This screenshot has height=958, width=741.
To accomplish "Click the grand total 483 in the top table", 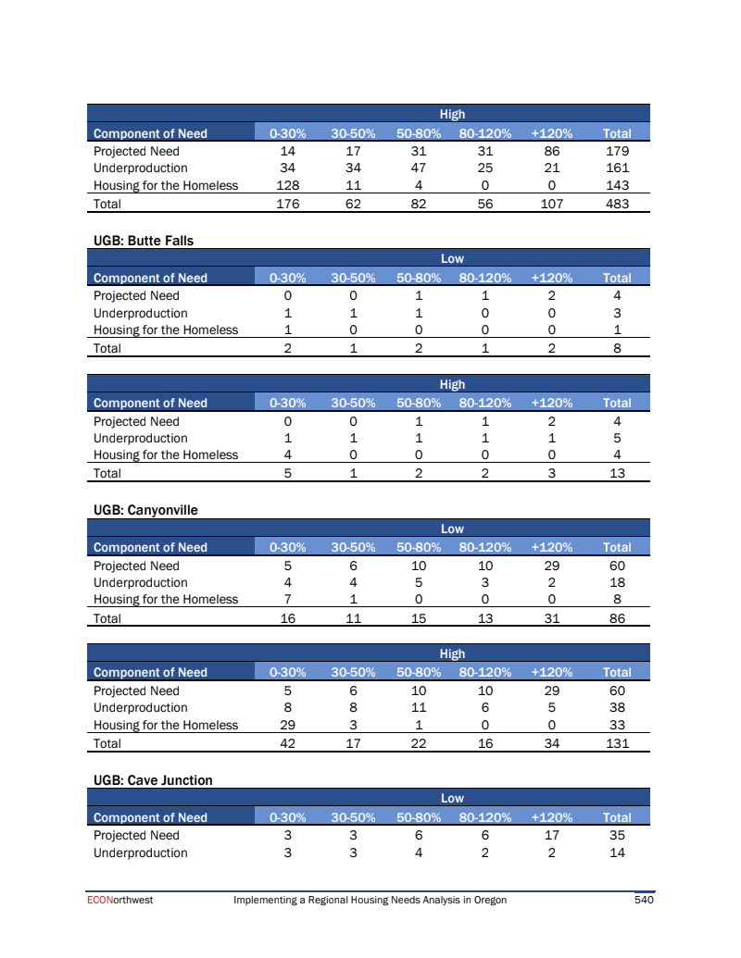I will [x=617, y=204].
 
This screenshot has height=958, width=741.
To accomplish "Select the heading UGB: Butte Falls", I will [x=144, y=241].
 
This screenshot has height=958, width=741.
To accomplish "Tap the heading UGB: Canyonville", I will [x=145, y=510].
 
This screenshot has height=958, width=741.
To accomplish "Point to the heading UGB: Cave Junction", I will [x=153, y=780].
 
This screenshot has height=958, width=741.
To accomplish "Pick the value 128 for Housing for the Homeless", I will [x=287, y=185].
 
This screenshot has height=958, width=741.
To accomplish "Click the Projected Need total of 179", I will [x=617, y=151].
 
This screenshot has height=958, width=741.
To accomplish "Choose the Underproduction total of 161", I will [x=617, y=168].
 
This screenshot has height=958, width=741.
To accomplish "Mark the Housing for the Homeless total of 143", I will [x=617, y=185].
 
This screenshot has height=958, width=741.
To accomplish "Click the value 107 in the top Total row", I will [x=552, y=204].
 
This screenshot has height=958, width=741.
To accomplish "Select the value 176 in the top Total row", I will [x=287, y=204].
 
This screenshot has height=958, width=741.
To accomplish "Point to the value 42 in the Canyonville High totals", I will [x=287, y=743].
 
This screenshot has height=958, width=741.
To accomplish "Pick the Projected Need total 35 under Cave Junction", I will [x=617, y=835].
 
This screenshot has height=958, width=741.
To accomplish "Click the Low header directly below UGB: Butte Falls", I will [x=452, y=259].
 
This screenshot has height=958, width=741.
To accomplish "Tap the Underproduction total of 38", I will [x=617, y=708].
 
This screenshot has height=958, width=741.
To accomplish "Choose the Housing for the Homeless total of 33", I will [x=617, y=725].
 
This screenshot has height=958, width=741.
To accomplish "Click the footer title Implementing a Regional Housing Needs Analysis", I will [x=370, y=900].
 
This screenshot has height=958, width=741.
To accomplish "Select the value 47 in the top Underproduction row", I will [x=419, y=168].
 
